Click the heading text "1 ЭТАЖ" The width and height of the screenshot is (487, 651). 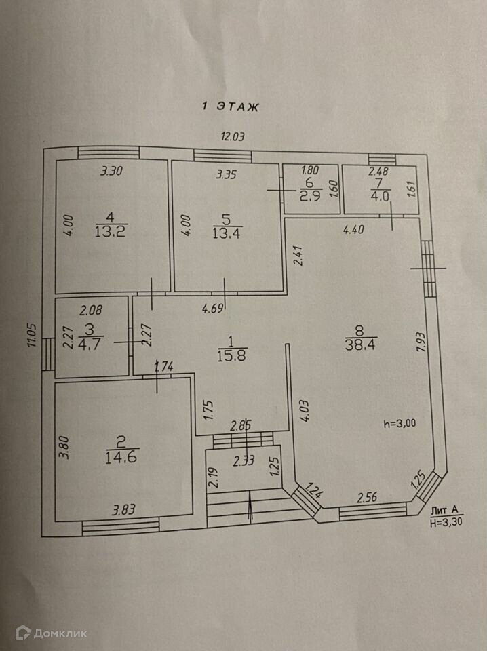(x=231, y=106)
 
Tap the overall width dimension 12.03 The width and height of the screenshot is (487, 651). (x=233, y=136)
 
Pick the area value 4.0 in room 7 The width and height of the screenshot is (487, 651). (x=377, y=197)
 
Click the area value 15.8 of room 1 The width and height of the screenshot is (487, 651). (x=230, y=355)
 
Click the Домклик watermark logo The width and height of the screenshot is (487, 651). (x=52, y=633)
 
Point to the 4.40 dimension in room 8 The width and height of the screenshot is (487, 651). (x=353, y=229)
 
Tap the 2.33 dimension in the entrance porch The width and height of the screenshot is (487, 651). (x=243, y=462)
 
